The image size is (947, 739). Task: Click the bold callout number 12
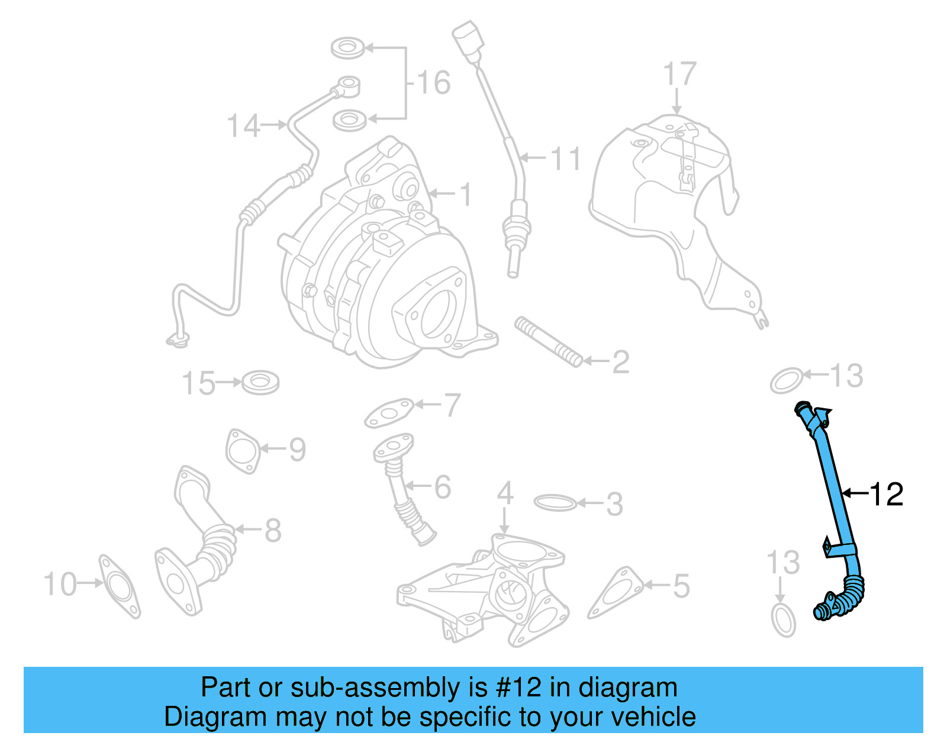click(x=886, y=494)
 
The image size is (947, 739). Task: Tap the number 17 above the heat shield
click(x=679, y=75)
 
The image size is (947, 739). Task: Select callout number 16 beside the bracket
click(x=434, y=82)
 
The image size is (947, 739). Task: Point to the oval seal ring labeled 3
click(x=555, y=503)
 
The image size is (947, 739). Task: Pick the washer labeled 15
click(x=260, y=382)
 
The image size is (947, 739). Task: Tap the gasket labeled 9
click(x=243, y=451)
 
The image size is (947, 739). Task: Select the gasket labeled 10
click(x=120, y=586)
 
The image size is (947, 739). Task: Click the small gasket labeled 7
click(x=389, y=413)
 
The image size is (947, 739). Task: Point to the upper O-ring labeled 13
click(x=787, y=380)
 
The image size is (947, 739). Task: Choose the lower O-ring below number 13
click(x=784, y=619)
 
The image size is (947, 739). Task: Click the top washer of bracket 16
click(x=347, y=47)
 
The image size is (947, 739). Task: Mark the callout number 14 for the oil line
click(x=243, y=126)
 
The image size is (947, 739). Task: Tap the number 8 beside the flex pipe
click(x=273, y=530)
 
